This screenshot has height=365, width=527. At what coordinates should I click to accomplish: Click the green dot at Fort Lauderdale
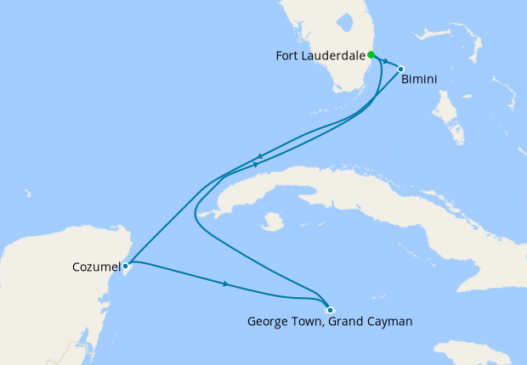pos(371,55)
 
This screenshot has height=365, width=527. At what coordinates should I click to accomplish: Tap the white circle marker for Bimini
pos(400,70)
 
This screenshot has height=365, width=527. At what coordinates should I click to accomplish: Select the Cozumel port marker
pos(126,266)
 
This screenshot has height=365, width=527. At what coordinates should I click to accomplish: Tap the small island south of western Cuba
pos(272,222)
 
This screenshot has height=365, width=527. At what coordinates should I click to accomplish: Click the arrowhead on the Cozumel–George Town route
pos(226,284)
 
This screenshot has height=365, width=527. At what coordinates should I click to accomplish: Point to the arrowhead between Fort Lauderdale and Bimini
pos(386,62)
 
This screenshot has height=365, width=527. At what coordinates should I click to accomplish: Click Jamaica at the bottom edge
pos(472,353)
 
